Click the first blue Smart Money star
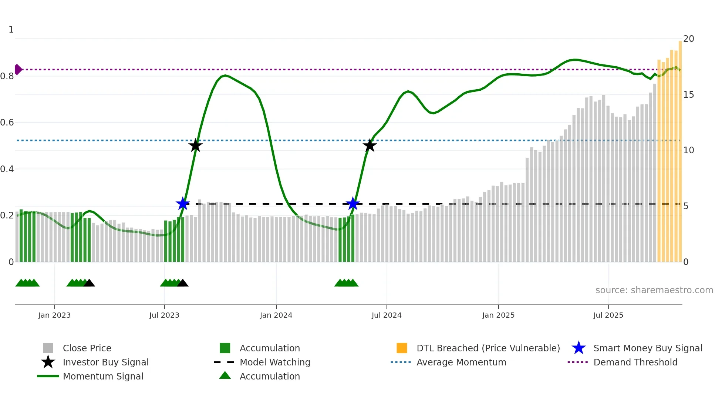[183, 204]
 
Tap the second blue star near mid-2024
[353, 204]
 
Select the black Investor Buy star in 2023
[195, 146]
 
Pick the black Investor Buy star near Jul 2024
[370, 146]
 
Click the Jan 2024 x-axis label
[276, 315]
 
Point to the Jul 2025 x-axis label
[608, 315]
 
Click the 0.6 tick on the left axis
[7, 123]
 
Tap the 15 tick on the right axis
[688, 95]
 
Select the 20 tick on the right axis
[688, 39]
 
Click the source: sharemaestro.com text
[654, 290]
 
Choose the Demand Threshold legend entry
[635, 362]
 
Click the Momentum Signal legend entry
[103, 376]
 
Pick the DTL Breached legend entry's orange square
[402, 348]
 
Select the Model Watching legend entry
[274, 362]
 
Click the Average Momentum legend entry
[461, 362]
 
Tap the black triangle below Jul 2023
[183, 283]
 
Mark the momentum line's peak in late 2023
[225, 76]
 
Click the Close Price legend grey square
[48, 348]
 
